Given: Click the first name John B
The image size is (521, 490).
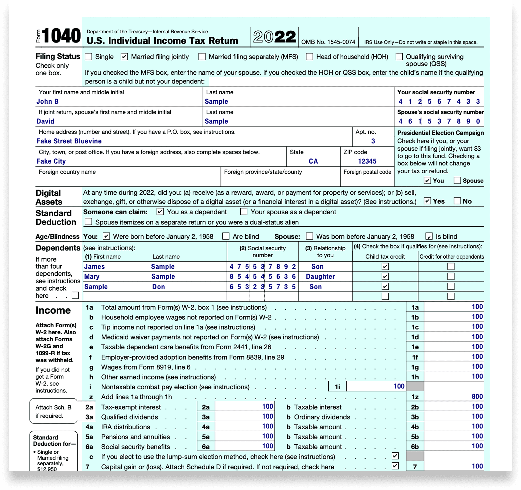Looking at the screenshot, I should pos(47,101).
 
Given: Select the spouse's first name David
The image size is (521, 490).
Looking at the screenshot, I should pos(45,121).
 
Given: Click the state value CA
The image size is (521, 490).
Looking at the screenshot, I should pos(313,161).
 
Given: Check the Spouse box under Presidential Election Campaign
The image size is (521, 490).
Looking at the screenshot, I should pos(457,180).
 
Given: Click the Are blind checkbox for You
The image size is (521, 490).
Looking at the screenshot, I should pos(226,236).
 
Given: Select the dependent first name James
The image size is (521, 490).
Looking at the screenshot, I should pos(94,267).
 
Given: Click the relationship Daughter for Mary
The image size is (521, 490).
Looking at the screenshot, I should pos(320,277).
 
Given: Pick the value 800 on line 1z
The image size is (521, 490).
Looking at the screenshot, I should pos(477,396).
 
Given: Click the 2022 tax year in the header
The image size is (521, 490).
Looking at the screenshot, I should pos(274,37).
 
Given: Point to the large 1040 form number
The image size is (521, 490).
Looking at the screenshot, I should pos(61,36).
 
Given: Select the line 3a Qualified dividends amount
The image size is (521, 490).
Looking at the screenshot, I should pos(268,416).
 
